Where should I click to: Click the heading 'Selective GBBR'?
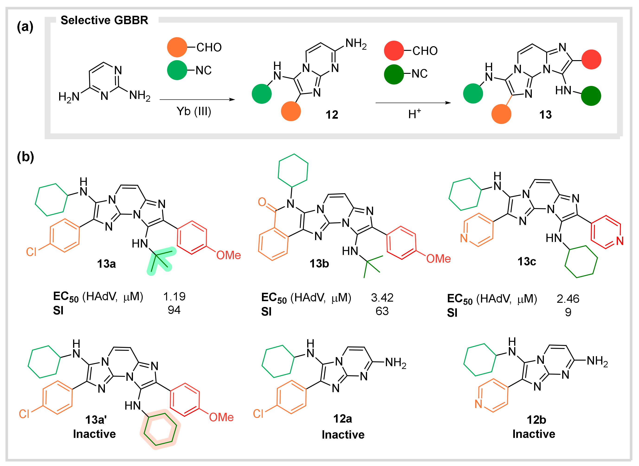(104, 20)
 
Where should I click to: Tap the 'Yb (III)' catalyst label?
(194, 111)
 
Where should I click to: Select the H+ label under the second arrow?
(414, 114)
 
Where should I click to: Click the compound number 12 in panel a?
(332, 115)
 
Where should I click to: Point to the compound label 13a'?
(96, 420)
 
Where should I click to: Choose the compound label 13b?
(319, 264)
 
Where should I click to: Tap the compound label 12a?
(342, 419)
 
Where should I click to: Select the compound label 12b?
(536, 420)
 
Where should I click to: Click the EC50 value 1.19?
(174, 297)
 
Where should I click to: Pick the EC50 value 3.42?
(382, 298)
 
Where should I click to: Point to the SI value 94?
(174, 310)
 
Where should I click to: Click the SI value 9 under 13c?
(568, 312)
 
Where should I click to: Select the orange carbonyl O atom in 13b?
(262, 202)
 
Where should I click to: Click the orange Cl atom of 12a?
(258, 414)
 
